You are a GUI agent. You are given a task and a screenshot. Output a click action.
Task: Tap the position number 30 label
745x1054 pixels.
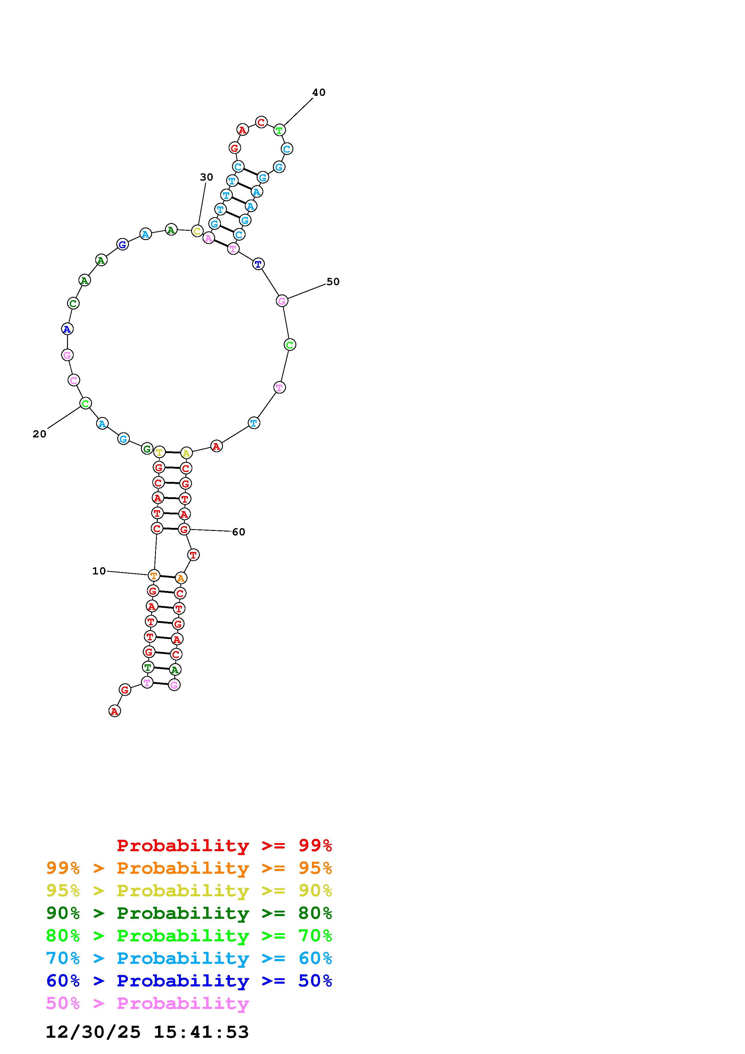[x=206, y=177]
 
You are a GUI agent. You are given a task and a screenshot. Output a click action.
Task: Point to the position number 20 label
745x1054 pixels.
[x=39, y=434]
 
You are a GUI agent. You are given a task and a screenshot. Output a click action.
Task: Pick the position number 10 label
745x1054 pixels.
[x=99, y=571]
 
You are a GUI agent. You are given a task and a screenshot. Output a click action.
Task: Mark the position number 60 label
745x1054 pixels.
[x=239, y=532]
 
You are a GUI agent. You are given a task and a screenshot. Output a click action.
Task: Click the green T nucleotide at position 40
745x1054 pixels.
[x=279, y=130]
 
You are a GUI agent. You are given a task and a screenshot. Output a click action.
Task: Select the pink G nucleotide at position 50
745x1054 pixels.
[x=282, y=301]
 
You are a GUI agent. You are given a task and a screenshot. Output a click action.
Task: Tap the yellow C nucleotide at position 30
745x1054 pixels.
[x=197, y=231]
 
